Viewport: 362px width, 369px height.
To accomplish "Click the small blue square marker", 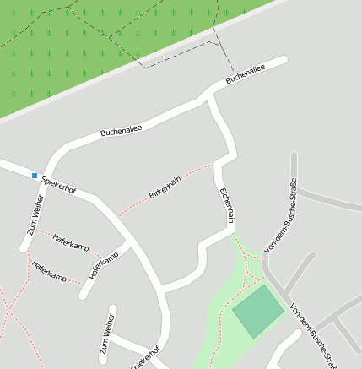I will pyautogui.click(x=35, y=176).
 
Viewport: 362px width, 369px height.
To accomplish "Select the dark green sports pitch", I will pyautogui.click(x=258, y=312).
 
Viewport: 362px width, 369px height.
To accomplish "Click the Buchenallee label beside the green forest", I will pyautogui.click(x=246, y=75).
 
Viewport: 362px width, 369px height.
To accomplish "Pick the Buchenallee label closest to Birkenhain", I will pyautogui.click(x=121, y=131).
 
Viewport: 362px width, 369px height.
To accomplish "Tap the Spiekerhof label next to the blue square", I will pyautogui.click(x=58, y=185).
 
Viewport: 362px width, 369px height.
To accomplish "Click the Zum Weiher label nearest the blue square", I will pyautogui.click(x=34, y=216).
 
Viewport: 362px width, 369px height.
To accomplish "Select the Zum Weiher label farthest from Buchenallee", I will pyautogui.click(x=105, y=334).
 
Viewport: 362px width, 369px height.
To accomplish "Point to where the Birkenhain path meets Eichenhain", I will pyautogui.click(x=218, y=162).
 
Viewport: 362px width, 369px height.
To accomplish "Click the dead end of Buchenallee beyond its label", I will pyautogui.click(x=284, y=60).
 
